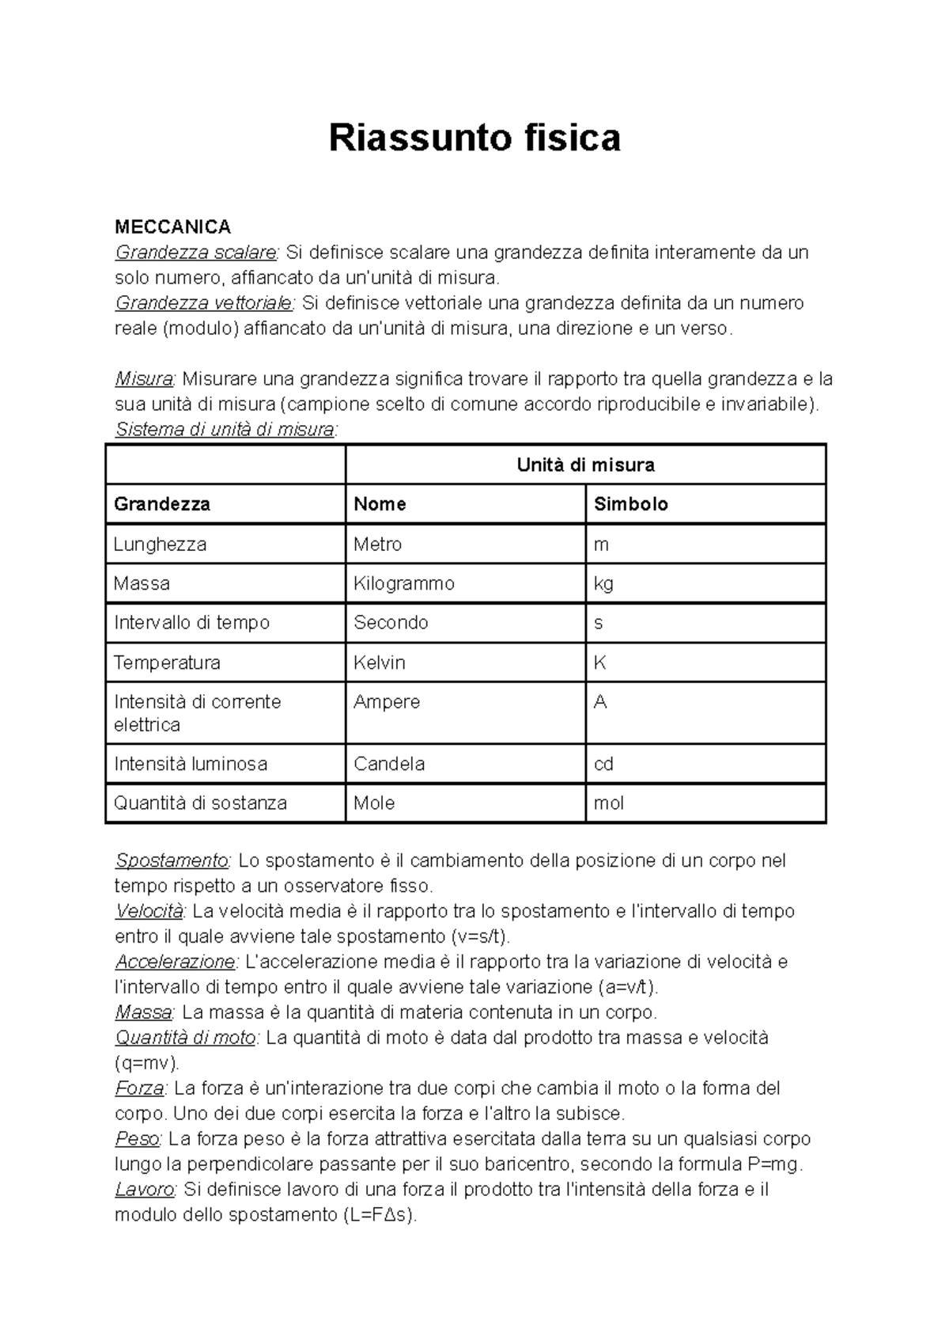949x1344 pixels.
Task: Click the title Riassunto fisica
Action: [x=475, y=138]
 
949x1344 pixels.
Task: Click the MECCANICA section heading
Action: [x=172, y=227]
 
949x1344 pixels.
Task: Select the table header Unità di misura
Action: [x=585, y=465]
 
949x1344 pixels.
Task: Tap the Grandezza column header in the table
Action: [x=162, y=504]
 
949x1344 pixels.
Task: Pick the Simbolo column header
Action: [x=630, y=504]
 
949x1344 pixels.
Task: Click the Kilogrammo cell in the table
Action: [x=403, y=583]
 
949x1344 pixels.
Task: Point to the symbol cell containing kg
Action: [x=603, y=584]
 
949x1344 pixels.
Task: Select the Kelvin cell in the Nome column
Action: [x=379, y=663]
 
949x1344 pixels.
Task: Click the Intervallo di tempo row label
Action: [x=191, y=623]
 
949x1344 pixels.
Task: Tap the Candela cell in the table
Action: [x=389, y=764]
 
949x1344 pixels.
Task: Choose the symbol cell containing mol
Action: [x=609, y=803]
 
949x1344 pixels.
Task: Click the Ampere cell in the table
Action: [x=387, y=702]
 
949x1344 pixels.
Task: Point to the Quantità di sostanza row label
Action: [x=200, y=803]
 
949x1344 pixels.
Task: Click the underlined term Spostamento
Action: [x=171, y=860]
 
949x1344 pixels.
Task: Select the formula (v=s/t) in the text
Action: [x=479, y=936]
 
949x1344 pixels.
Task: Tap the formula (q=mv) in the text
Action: [x=147, y=1063]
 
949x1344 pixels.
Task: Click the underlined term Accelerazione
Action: [x=175, y=962]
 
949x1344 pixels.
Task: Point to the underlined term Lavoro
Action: [x=145, y=1190]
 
